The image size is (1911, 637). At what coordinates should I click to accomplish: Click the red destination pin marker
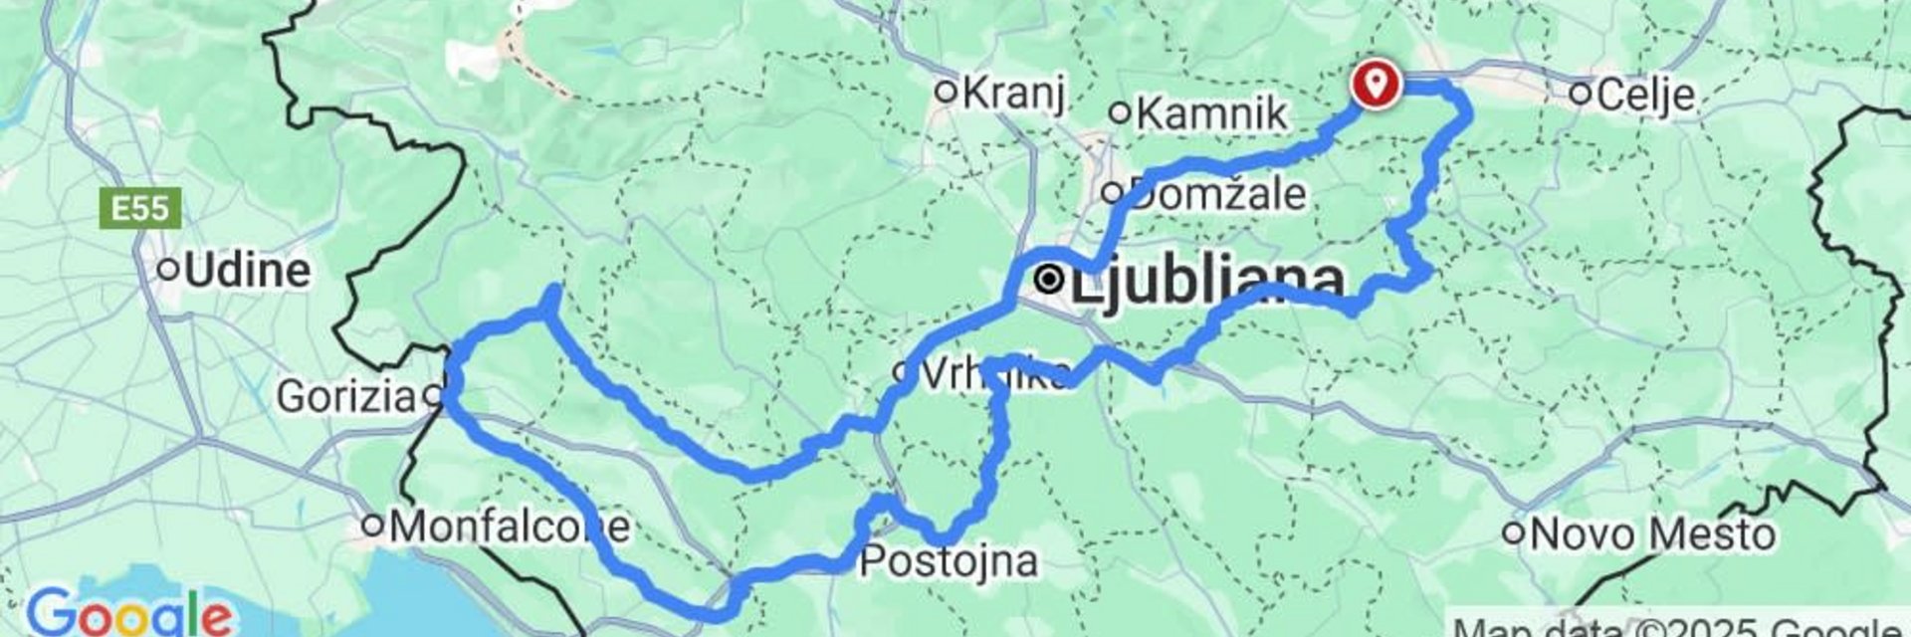tap(1376, 83)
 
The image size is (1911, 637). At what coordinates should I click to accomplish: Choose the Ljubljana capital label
tap(1207, 282)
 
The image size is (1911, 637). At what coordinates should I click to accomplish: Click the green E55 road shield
tap(140, 210)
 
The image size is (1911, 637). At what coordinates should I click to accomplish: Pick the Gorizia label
tap(345, 396)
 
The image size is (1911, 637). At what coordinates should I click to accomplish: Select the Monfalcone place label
tap(509, 527)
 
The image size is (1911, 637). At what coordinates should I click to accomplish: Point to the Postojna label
tap(949, 561)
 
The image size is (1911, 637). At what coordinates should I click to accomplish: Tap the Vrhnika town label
tap(995, 374)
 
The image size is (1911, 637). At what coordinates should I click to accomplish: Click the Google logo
tap(129, 612)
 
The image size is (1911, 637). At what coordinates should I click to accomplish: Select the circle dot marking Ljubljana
tap(1049, 281)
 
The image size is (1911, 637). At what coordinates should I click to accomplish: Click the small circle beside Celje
tap(1581, 94)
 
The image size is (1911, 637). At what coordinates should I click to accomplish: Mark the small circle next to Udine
tap(169, 269)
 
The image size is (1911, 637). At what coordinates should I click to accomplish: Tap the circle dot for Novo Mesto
tap(1514, 533)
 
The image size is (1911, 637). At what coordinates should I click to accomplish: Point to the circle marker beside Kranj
tap(947, 93)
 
